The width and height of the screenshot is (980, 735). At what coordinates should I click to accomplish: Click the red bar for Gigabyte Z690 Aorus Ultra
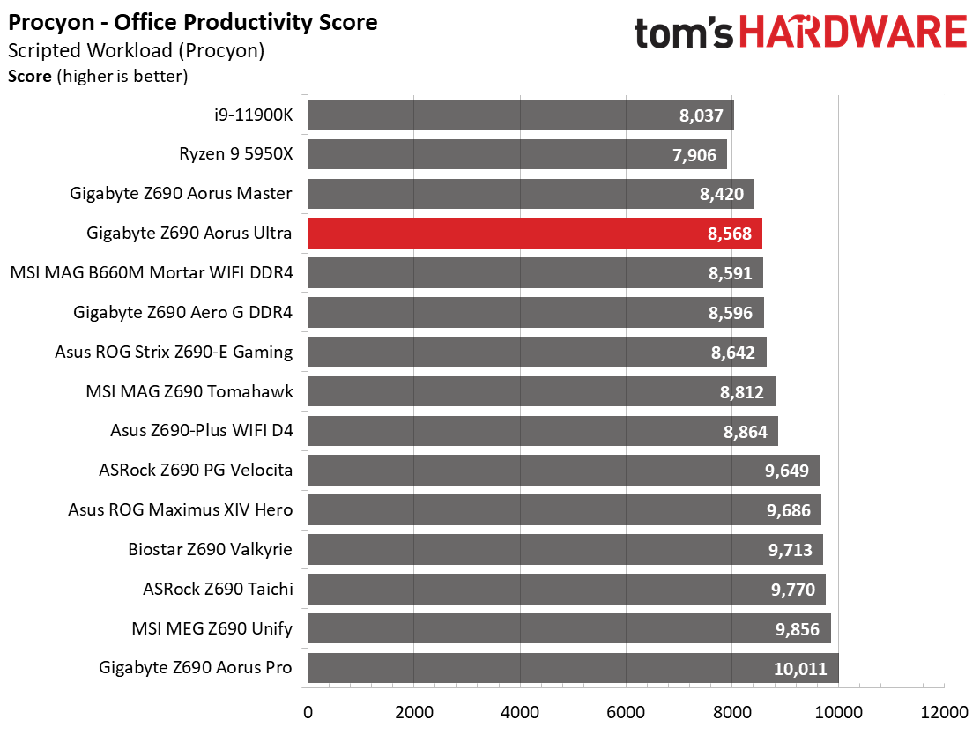coord(535,234)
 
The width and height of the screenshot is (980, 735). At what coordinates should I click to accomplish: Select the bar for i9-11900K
coord(521,115)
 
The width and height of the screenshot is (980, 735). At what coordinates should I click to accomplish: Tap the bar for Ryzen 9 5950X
coord(517,154)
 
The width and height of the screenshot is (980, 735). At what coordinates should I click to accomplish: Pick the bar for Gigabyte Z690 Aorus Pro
coord(573,668)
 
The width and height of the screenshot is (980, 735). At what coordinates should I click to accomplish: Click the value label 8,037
coord(701,115)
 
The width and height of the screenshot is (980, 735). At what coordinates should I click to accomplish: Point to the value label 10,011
coord(800,669)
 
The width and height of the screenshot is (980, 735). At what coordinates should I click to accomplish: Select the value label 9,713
coord(790,550)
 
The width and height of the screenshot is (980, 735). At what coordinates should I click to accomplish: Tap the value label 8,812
coord(742,392)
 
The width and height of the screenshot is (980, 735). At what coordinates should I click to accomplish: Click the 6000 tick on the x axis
coord(627,712)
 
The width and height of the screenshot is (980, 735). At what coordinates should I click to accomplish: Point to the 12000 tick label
coord(944,712)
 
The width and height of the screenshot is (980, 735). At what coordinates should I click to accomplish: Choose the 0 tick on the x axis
coord(308,712)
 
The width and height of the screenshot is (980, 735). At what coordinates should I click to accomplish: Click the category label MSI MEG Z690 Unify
coord(212,628)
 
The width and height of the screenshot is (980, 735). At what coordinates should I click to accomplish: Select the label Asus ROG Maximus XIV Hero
coord(180,509)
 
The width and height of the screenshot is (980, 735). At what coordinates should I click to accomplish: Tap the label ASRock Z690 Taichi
coord(218,589)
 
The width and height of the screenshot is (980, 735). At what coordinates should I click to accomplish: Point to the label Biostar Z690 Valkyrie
coord(210,549)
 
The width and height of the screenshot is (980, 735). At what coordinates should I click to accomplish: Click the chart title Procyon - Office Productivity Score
coord(192,23)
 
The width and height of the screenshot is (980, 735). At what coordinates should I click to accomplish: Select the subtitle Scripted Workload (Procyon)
coord(137,50)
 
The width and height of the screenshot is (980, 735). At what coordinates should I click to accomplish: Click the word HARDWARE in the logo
coord(854,32)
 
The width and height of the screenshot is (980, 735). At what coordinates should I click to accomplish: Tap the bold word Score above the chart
coord(29,77)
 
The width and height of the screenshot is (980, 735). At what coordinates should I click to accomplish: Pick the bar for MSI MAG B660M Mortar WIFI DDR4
coord(536,273)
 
